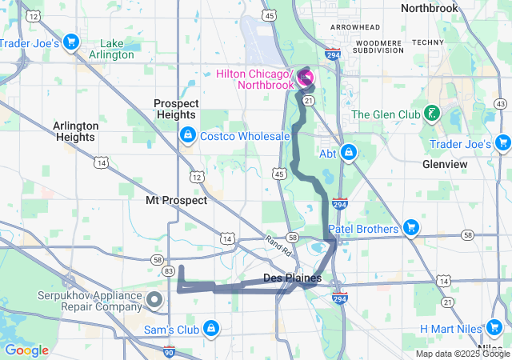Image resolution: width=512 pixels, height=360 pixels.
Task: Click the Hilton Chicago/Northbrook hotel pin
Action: [306, 78]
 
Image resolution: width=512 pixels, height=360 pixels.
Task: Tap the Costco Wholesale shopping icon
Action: [188, 136]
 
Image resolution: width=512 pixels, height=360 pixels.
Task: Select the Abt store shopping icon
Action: [349, 151]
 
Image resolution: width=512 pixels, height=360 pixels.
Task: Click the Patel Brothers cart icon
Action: [411, 229]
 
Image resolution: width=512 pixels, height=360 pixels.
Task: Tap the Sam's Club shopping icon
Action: [210, 327]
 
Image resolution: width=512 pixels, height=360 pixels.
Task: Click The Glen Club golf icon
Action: [432, 114]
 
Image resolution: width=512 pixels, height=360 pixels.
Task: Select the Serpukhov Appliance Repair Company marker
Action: [154, 301]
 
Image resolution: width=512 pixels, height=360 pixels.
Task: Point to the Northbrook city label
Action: [430, 8]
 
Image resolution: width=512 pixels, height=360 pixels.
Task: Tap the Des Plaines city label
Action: [292, 278]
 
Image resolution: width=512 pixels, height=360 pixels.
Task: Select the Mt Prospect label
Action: [176, 200]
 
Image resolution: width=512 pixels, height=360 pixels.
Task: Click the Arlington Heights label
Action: [76, 131]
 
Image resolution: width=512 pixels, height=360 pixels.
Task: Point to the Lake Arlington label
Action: [118, 50]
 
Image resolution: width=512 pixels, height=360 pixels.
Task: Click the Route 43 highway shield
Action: [500, 104]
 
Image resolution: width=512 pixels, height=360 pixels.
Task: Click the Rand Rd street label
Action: [278, 247]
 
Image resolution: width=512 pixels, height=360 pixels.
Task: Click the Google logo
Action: [26, 350]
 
